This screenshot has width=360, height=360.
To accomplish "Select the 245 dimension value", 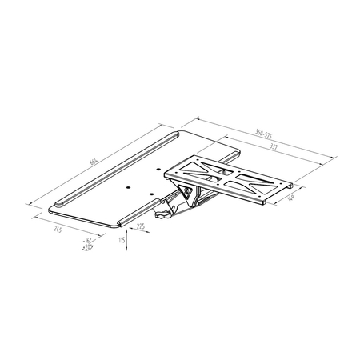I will point(59,228).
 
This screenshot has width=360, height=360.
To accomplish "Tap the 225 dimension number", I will point(140,227).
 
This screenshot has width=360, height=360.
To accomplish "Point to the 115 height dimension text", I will point(121,239).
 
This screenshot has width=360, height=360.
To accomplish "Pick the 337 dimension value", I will point(273,147).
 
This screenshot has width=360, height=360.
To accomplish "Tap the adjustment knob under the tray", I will point(164,214).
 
